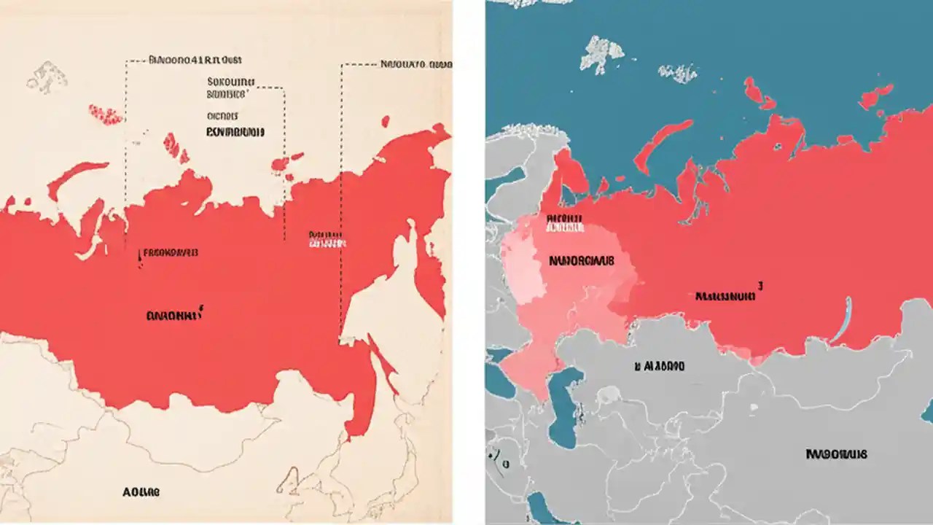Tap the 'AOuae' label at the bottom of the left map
(141, 492)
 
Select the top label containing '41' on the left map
(195, 61)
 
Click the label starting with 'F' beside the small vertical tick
(171, 253)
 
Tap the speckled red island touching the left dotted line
(106, 114)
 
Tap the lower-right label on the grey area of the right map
(836, 454)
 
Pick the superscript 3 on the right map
(760, 287)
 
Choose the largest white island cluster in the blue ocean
(602, 52)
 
